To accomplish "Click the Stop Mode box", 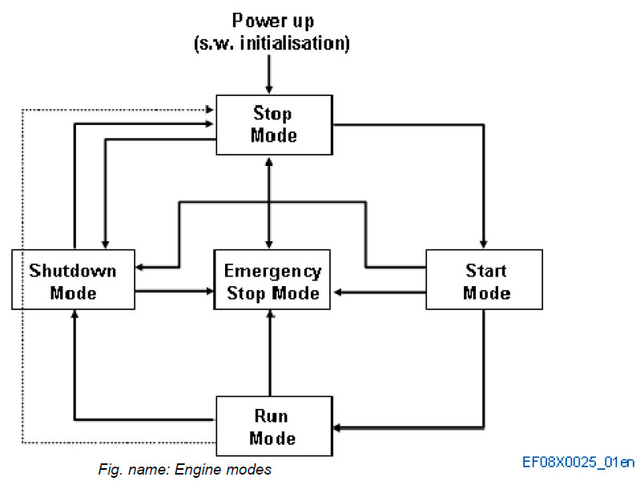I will click(x=273, y=124).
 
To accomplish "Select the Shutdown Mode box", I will click(x=73, y=280).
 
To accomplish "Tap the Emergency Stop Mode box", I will click(x=273, y=281).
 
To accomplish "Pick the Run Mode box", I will click(x=273, y=426).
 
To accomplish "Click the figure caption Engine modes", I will click(x=186, y=470).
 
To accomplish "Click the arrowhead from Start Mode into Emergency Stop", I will click(x=340, y=293).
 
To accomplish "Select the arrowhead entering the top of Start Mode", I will click(x=483, y=244).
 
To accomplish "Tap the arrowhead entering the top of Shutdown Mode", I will click(x=104, y=244).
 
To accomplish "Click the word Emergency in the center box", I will click(x=273, y=271).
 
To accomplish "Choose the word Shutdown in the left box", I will click(x=73, y=270).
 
